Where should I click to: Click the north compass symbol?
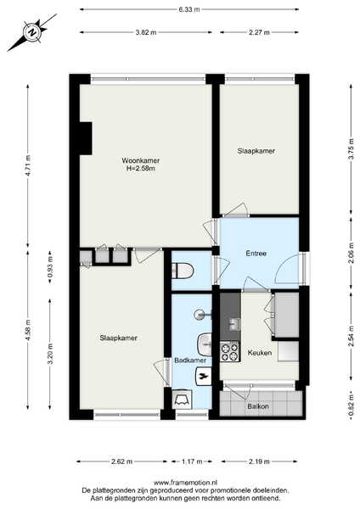[x=32, y=32]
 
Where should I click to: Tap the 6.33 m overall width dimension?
[x=189, y=9]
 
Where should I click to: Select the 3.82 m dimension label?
[x=146, y=32]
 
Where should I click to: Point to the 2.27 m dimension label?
[x=259, y=32]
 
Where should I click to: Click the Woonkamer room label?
[x=141, y=160]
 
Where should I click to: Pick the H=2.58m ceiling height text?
[x=140, y=168]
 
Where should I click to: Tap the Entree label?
[x=256, y=254]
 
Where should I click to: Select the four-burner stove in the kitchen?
[x=230, y=352]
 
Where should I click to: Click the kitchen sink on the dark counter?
[x=234, y=323]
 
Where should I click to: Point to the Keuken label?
[x=260, y=353]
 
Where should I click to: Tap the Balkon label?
[x=258, y=406]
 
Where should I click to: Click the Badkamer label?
[x=190, y=361]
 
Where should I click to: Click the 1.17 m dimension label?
[x=192, y=461]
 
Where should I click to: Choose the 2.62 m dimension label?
[x=121, y=461]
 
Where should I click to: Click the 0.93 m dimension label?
[x=50, y=267]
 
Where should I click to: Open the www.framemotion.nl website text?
[x=185, y=483]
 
